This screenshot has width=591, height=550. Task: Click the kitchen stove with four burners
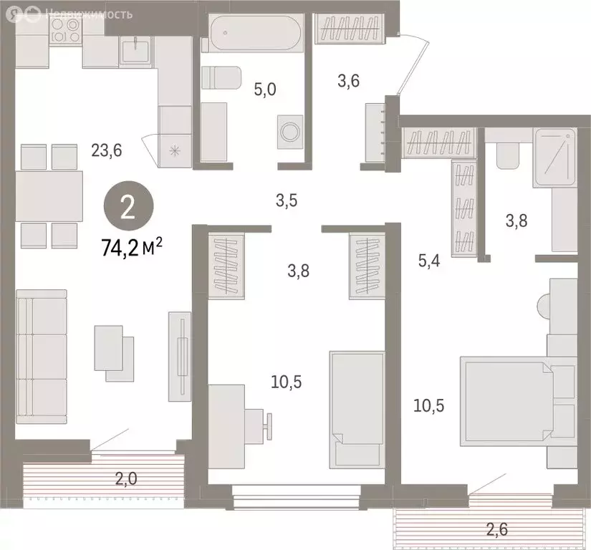click(x=67, y=32)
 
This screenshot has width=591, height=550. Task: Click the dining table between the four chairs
click(x=49, y=196)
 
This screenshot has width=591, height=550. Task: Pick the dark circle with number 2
click(x=127, y=208)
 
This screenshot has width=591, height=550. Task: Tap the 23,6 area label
click(x=107, y=150)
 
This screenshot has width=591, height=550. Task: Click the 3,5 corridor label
click(x=287, y=201)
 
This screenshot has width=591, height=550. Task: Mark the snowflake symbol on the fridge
click(x=175, y=150)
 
